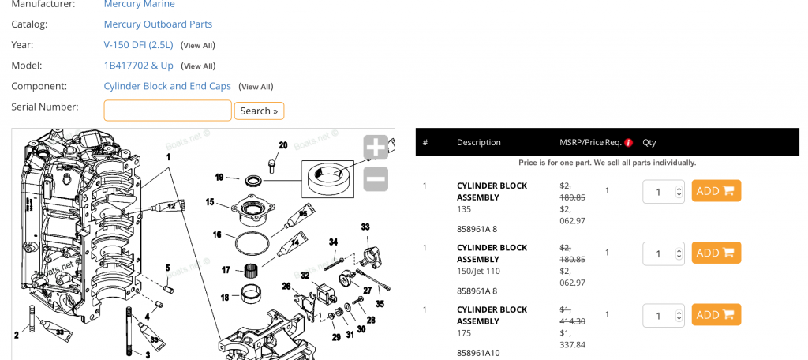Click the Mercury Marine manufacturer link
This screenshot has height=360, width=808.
[139, 4]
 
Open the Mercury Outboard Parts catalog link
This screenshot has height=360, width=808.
[158, 24]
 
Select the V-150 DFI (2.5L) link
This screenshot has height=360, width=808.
[139, 45]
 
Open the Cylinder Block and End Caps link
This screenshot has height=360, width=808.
[167, 86]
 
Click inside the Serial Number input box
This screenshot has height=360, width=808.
[167, 111]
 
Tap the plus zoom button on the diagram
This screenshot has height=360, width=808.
[376, 148]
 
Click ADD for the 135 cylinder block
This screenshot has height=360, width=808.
[716, 191]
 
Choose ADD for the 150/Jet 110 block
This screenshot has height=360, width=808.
[716, 253]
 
